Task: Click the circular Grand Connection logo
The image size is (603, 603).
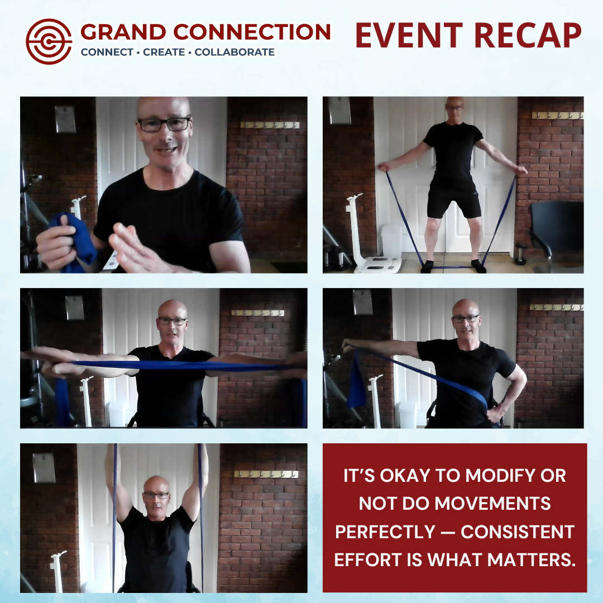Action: click(x=49, y=41)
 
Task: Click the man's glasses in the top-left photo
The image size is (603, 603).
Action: click(x=164, y=124)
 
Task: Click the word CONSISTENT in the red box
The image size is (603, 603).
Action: click(x=518, y=532)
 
